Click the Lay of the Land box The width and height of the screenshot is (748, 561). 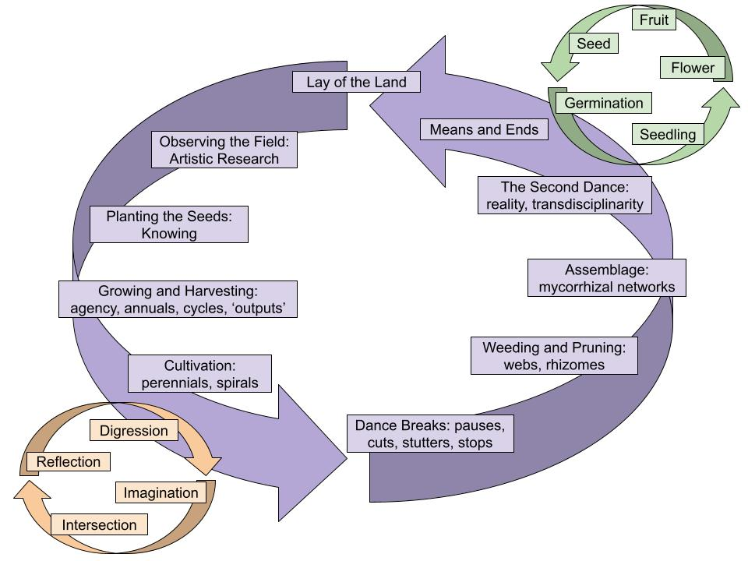click(361, 82)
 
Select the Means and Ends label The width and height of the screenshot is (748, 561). click(484, 129)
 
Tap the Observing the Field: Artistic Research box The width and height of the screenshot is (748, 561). click(225, 150)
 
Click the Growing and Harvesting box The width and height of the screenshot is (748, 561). click(178, 299)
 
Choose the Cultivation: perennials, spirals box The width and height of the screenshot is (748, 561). click(199, 373)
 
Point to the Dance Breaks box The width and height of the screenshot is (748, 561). click(430, 434)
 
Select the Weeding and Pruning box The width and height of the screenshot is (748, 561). click(555, 355)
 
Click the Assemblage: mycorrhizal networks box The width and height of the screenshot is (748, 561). click(607, 278)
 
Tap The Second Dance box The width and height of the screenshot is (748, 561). click(563, 196)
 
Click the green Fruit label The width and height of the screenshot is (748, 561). click(654, 20)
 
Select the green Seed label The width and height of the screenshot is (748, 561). click(594, 44)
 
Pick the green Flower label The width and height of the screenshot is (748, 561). click(693, 68)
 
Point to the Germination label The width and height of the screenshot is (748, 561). click(604, 103)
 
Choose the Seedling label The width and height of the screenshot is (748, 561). click(668, 134)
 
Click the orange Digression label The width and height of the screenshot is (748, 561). click(134, 430)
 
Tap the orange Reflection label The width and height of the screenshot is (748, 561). click(69, 461)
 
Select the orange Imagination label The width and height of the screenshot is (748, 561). click(161, 492)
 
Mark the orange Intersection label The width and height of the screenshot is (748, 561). click(99, 524)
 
